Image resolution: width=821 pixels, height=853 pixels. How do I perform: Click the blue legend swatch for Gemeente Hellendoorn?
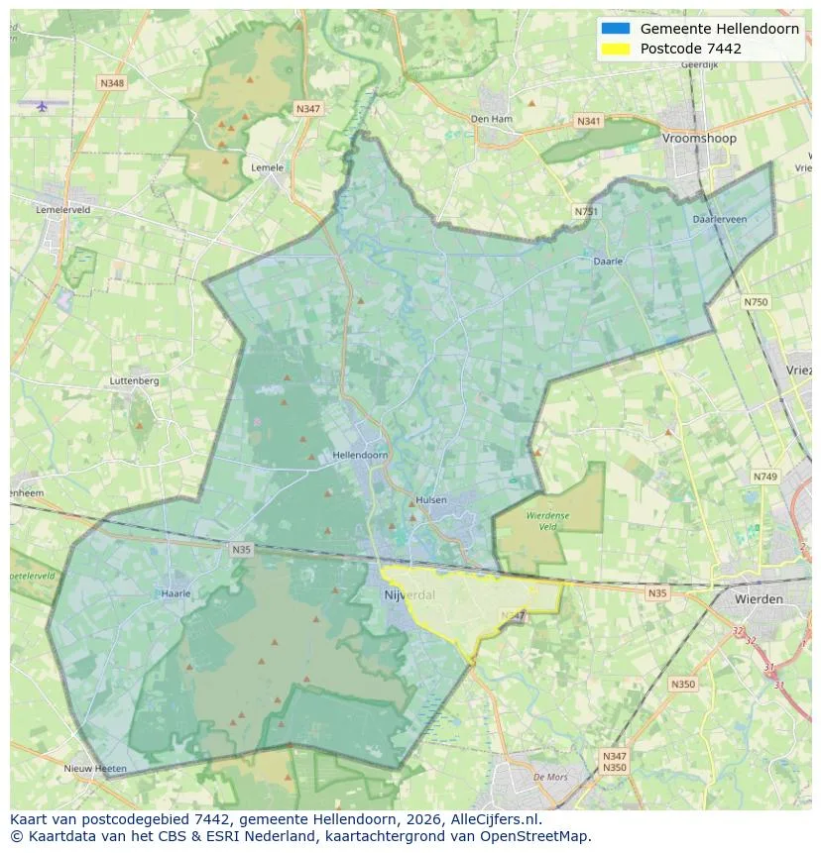point(615,29)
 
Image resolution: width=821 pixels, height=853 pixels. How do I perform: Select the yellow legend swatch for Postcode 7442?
point(615,49)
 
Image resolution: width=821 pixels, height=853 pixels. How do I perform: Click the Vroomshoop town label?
point(699,139)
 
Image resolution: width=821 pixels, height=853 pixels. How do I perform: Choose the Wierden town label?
point(759,599)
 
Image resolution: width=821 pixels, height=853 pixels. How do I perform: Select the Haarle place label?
point(176,593)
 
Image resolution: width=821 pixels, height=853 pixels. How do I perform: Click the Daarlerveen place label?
point(720,219)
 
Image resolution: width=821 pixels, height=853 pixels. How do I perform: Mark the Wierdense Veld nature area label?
point(547,522)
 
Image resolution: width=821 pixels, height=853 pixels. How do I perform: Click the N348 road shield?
point(112,83)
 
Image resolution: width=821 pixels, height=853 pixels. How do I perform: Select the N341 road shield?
point(588,121)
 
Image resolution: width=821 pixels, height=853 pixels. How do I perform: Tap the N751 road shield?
point(586,211)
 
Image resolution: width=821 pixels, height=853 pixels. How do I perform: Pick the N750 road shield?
point(756,301)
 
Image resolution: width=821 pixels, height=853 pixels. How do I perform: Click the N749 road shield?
point(764,477)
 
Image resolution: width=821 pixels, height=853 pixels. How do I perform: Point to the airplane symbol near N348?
point(42,106)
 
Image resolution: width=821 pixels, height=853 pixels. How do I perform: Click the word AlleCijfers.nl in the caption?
point(496,819)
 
